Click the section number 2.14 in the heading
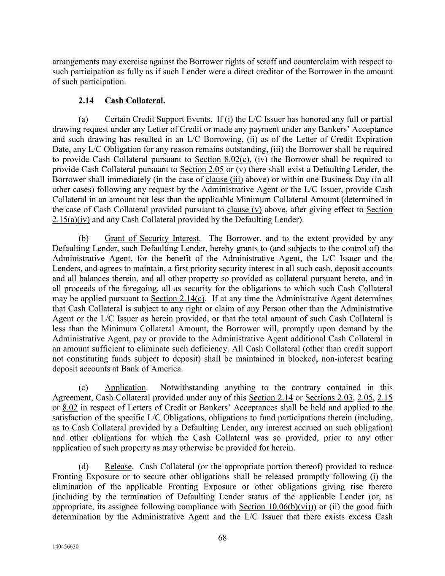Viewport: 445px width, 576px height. (x=86, y=101)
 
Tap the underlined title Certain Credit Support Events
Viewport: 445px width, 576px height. (x=157, y=119)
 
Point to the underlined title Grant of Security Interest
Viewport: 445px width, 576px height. (x=152, y=238)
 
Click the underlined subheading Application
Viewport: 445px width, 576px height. (x=125, y=388)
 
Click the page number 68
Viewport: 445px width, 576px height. (x=222, y=538)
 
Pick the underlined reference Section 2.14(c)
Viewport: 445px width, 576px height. (x=178, y=299)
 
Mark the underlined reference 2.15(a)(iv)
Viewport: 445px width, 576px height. (x=71, y=220)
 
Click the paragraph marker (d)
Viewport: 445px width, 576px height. (x=84, y=467)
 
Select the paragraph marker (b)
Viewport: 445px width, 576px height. (x=84, y=238)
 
